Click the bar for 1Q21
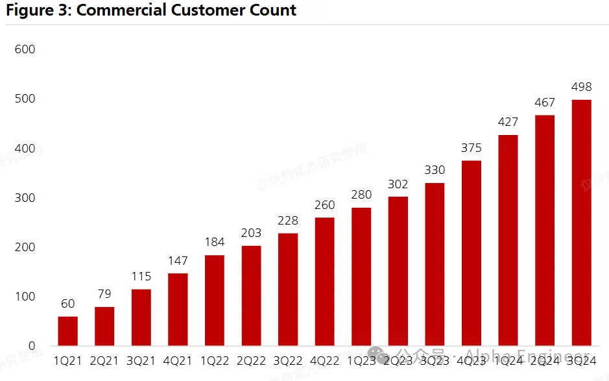click(x=67, y=331)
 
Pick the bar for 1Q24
click(x=508, y=240)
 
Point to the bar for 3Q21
click(x=141, y=317)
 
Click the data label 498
click(x=581, y=87)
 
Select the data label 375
click(x=472, y=148)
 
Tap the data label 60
click(x=67, y=304)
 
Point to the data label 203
click(x=251, y=233)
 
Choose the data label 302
click(x=398, y=184)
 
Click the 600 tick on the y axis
click(x=25, y=49)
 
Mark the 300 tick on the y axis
click(x=25, y=198)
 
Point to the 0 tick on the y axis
click(x=31, y=346)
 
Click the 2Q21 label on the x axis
click(x=104, y=361)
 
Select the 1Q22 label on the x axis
click(x=215, y=361)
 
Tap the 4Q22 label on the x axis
click(x=324, y=361)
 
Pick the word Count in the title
click(x=273, y=10)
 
